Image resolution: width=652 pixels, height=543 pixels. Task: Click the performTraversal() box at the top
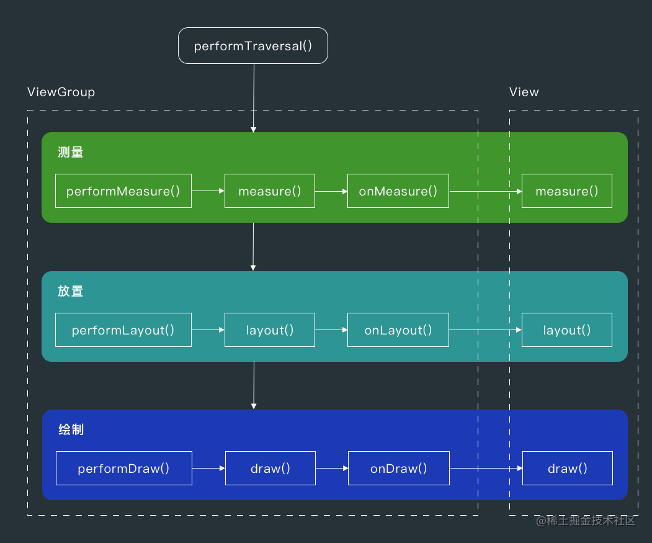tap(253, 46)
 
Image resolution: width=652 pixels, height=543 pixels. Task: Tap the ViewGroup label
tap(61, 92)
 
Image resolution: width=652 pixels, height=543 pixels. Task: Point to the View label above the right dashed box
tap(524, 92)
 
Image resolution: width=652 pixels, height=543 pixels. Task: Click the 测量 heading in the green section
tap(71, 153)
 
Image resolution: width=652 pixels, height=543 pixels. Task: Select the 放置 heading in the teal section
tap(71, 291)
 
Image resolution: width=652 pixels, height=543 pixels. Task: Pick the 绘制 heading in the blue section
tap(71, 429)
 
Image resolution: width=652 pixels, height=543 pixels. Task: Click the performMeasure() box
tap(123, 191)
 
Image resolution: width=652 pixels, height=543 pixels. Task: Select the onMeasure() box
tap(398, 191)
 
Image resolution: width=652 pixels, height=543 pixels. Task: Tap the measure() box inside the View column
tap(567, 191)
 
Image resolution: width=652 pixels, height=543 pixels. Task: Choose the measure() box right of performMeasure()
tap(270, 191)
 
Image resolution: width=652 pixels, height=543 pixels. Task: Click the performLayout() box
tap(123, 330)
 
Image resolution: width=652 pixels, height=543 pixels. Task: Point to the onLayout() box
tap(398, 330)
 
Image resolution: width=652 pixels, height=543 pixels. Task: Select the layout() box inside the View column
tap(567, 330)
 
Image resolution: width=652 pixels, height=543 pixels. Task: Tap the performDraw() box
tap(123, 469)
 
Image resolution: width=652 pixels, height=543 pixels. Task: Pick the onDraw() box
tap(398, 469)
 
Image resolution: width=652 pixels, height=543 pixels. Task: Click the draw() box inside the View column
tap(568, 469)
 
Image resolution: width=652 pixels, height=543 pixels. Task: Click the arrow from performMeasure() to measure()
tap(208, 191)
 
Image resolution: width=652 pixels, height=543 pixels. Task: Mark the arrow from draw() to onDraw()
tap(332, 469)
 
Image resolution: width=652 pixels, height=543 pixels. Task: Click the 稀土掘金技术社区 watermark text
tap(586, 521)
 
